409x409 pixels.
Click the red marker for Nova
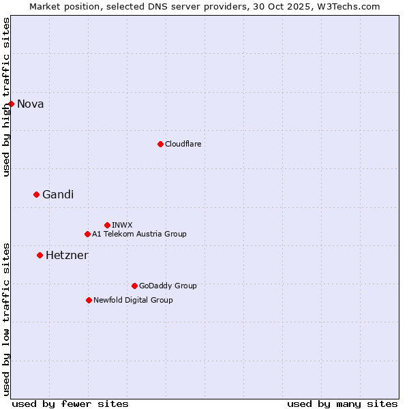click(11, 104)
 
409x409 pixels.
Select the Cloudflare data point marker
click(160, 144)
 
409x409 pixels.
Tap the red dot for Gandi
click(36, 194)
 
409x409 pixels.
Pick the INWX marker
click(107, 225)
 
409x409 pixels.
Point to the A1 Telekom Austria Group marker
click(87, 234)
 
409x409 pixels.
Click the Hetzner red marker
click(40, 255)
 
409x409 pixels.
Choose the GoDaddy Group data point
click(134, 286)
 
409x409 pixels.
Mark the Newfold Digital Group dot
click(89, 300)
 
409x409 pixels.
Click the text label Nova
click(30, 104)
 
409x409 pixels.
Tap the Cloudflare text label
click(183, 144)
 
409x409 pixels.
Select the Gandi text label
click(58, 194)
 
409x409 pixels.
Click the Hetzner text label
click(67, 255)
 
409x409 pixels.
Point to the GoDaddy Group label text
click(168, 286)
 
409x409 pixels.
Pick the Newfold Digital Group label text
click(133, 300)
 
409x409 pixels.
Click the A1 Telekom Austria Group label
click(139, 234)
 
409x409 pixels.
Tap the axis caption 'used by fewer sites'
click(70, 404)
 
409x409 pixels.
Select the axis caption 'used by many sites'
click(342, 404)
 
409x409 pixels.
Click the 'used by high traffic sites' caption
click(6, 97)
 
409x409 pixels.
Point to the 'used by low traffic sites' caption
click(6, 318)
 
